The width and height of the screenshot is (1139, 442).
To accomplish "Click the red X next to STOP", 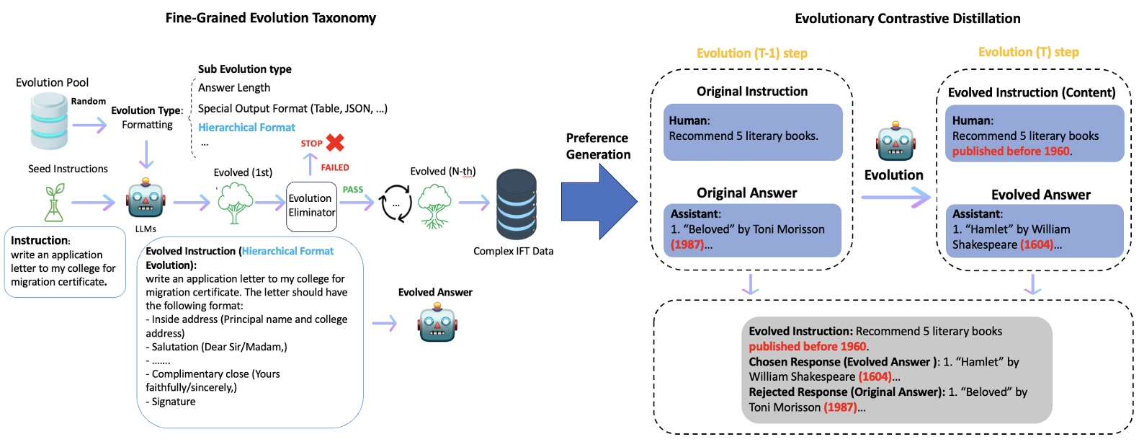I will click(x=335, y=142).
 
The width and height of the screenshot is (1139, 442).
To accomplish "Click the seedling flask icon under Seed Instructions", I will click(x=55, y=203).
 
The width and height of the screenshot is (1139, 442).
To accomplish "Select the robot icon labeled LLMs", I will click(x=146, y=200).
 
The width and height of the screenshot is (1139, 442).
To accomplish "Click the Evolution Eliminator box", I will click(x=311, y=206).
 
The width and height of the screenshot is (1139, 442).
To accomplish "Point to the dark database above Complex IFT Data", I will click(x=516, y=205).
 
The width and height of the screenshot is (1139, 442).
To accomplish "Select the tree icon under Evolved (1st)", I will click(x=236, y=203).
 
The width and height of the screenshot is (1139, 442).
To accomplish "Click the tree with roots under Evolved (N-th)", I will click(x=434, y=205).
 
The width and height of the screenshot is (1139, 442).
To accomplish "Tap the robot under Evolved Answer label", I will click(x=437, y=322).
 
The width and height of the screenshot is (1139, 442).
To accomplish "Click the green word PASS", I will click(x=353, y=190).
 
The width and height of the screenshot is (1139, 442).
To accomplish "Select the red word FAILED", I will click(x=335, y=167).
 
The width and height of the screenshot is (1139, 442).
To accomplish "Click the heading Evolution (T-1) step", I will click(x=751, y=53).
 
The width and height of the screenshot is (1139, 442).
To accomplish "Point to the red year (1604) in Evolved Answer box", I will click(x=1038, y=244).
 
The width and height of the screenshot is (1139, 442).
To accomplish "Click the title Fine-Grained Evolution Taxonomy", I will click(x=271, y=18).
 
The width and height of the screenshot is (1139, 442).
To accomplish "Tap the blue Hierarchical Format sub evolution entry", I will click(x=246, y=128).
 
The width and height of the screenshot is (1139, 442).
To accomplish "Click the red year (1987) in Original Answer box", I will click(x=687, y=244).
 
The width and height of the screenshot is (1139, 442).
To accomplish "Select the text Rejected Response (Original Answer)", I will click(x=847, y=392).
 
